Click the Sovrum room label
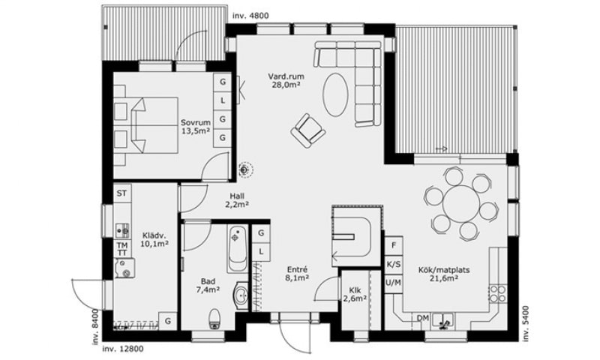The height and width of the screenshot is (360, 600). point(196,123)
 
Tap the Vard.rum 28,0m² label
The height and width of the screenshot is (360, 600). point(286,81)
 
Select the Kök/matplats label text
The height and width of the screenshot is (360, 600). point(444,270)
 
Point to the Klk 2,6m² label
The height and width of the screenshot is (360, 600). point(355,294)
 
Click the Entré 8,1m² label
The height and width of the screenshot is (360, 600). point(297,274)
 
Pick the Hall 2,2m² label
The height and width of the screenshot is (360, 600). point(237,200)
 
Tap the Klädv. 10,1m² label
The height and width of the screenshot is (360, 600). point(155,239)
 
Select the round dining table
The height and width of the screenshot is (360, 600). point(461,202)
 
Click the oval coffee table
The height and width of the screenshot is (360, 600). point(335,94)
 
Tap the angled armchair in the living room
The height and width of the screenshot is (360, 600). point(308,130)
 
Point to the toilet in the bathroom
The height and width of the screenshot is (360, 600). point(214,319)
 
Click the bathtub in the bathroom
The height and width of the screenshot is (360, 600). point(238,249)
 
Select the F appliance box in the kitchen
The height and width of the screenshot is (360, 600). point(394,245)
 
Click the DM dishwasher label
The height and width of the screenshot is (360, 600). point(423,318)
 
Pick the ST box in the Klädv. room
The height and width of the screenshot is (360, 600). point(121,193)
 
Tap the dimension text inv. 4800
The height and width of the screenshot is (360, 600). point(250,16)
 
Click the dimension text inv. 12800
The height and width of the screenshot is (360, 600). point(123,349)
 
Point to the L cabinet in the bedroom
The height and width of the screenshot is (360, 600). point(222,100)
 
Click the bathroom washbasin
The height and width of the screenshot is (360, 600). point(241,295)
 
